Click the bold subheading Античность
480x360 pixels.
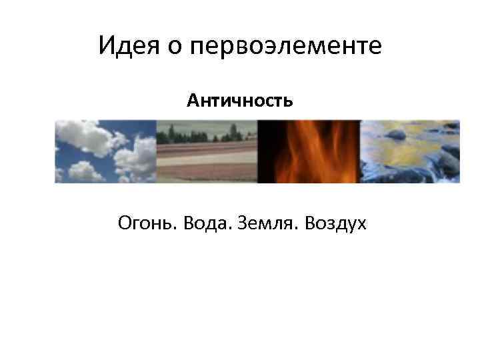coord(239,101)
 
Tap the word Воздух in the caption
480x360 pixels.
coord(335,223)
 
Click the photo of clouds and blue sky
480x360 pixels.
coord(105,151)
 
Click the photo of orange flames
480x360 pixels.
coord(309,151)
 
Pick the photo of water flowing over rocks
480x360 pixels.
coord(410,151)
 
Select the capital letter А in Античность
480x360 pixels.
coord(191,101)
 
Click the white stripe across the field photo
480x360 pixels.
coord(207,158)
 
